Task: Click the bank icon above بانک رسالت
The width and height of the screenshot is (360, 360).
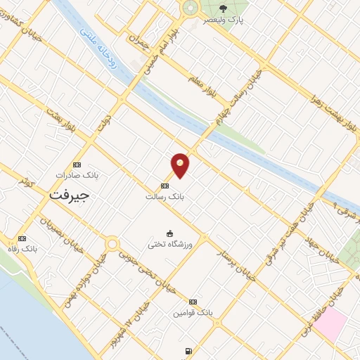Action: coord(165,186)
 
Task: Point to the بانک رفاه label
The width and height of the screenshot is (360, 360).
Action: coord(39,249)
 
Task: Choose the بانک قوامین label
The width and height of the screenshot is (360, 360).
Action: coord(193,311)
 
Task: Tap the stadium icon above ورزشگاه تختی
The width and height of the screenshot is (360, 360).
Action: coord(169,233)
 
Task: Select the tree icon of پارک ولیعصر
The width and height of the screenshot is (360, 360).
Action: coord(223,9)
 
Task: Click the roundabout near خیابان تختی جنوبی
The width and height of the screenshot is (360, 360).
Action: coord(111,244)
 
